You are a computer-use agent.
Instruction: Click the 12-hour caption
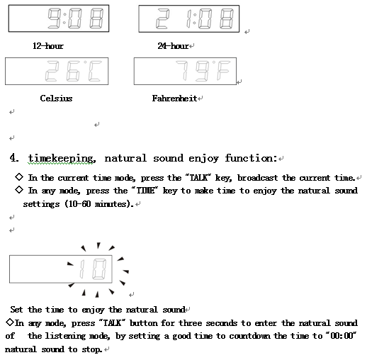point(48,46)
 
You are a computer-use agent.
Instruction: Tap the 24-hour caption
point(173,46)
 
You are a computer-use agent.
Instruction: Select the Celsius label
point(56,99)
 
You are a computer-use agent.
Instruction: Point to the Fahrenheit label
point(174,99)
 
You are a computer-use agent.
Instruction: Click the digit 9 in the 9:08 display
point(55,18)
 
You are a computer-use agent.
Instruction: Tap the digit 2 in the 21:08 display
point(163,19)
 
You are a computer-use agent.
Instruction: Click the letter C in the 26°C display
point(95,71)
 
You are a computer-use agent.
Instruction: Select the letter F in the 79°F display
point(223,70)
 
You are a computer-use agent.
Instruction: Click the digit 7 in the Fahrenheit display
point(182,70)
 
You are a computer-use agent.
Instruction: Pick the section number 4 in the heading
point(13,158)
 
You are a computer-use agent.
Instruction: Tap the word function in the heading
point(251,158)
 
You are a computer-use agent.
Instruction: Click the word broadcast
point(257,178)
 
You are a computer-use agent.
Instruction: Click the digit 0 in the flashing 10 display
point(99,269)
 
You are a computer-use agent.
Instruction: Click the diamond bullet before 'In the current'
point(19,177)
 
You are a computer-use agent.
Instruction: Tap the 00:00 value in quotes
point(340,336)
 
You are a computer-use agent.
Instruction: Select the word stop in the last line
point(92,349)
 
